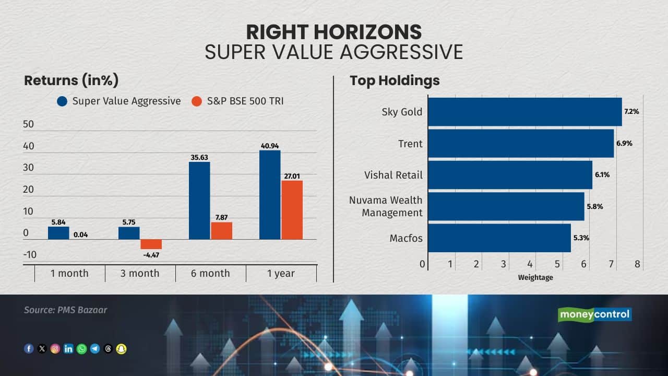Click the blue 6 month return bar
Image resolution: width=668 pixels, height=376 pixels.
(199, 201)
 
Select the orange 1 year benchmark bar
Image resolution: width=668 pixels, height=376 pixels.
(292, 210)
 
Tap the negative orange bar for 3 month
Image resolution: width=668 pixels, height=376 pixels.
(151, 244)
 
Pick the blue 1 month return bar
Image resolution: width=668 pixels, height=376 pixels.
(58, 233)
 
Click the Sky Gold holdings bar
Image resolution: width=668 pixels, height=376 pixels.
(525, 112)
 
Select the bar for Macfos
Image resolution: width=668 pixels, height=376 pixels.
(499, 238)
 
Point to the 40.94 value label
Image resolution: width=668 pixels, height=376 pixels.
(270, 146)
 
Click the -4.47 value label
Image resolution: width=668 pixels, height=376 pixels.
(151, 255)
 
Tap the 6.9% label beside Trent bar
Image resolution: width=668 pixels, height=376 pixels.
(625, 143)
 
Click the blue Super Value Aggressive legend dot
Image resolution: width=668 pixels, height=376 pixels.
(62, 101)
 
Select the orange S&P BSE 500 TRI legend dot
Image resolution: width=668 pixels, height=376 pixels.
(197, 101)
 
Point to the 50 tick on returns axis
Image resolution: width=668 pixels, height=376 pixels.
(28, 124)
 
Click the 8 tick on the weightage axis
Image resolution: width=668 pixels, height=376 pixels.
(637, 264)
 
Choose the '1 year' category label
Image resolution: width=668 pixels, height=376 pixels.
(281, 273)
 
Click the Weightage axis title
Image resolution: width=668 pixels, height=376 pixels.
(535, 277)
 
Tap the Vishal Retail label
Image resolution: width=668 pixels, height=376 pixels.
(393, 175)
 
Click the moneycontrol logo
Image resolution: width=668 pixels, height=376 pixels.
(594, 314)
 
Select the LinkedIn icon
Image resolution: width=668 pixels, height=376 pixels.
(68, 348)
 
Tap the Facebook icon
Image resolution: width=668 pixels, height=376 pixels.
(29, 348)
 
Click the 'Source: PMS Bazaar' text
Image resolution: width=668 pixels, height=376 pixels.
(65, 310)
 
